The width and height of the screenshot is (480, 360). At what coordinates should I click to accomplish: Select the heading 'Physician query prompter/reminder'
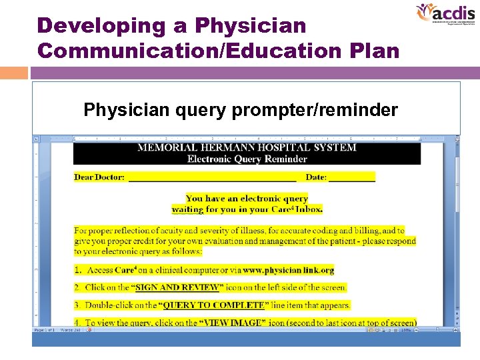point(241,109)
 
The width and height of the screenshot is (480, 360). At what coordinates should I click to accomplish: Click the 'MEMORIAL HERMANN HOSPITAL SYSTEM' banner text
point(247,147)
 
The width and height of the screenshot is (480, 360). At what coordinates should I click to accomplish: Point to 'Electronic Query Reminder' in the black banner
point(247,159)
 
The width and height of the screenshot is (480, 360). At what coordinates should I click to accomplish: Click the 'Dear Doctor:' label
point(99,177)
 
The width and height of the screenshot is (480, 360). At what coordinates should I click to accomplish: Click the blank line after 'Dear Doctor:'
point(212,178)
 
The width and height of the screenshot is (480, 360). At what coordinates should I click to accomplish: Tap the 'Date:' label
point(316,177)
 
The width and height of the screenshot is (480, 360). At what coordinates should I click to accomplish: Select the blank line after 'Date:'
point(352,178)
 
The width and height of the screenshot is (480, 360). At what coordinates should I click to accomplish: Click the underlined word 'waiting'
point(187,209)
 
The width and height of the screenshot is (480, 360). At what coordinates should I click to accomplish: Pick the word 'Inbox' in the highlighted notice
point(309,209)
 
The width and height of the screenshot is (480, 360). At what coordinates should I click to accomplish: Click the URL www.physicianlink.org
point(288,270)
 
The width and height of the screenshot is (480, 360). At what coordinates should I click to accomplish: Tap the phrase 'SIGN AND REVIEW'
point(177,287)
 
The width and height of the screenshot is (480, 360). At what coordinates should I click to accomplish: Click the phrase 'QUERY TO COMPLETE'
point(213,305)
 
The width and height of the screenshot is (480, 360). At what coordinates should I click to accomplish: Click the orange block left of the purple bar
point(14,73)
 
